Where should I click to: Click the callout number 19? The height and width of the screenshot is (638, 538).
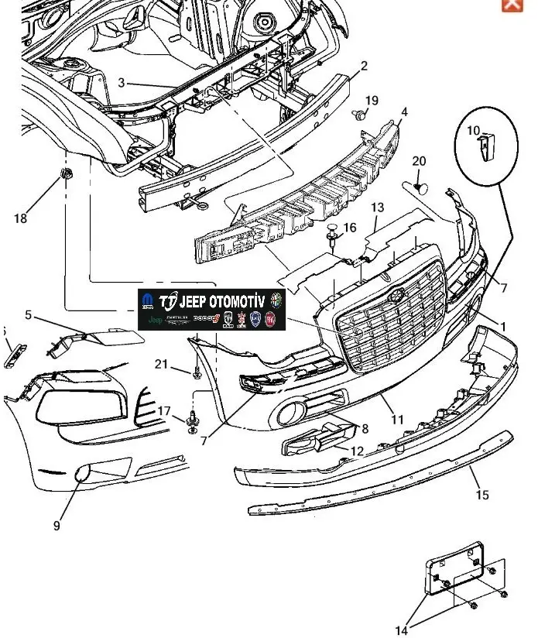pos(372,101)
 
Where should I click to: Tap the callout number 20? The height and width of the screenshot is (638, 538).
pos(419,161)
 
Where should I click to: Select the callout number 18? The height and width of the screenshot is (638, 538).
pos(20,218)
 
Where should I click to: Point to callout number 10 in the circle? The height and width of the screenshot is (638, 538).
pos(474,131)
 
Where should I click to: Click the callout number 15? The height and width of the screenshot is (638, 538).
pos(482,495)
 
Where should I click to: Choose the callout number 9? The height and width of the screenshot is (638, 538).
pos(57,526)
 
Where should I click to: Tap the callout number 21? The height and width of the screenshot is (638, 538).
pos(161,365)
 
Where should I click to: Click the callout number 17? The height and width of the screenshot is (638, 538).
pos(164,410)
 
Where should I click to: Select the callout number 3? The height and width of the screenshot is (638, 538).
pos(121,83)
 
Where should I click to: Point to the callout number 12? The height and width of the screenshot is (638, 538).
pos(358,451)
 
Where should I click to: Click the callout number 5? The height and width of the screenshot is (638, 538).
pos(29,315)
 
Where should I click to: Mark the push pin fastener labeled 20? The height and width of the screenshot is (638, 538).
pos(420,186)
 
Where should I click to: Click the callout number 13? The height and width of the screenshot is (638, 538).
pos(377,208)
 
